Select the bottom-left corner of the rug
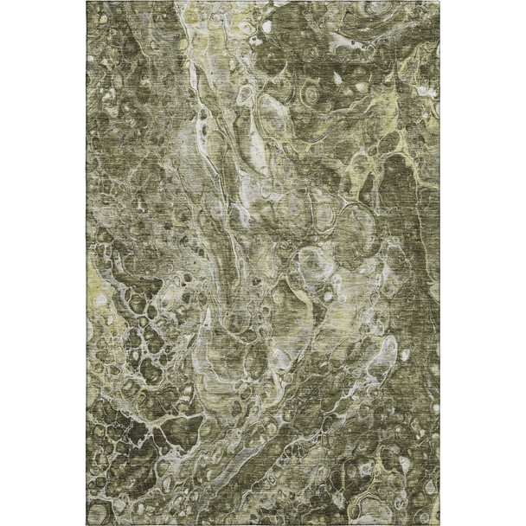tap(88, 523)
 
